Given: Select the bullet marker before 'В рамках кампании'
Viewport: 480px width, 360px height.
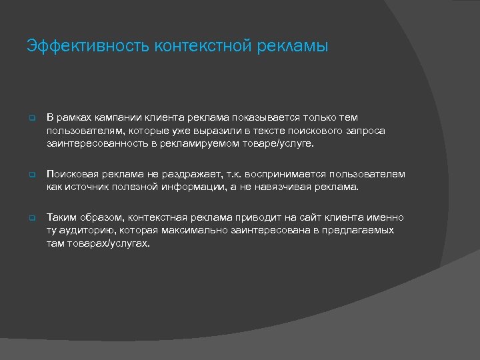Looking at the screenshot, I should coord(31,119).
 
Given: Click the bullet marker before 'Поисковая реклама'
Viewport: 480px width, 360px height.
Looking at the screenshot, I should coord(31,175).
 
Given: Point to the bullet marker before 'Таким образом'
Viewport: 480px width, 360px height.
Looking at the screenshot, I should coord(31,219).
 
